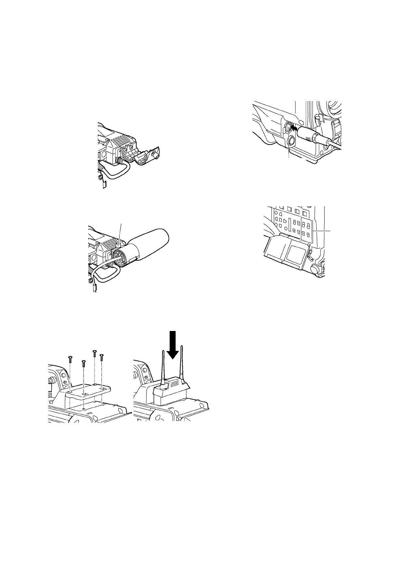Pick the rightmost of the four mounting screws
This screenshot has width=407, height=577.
(x=101, y=357)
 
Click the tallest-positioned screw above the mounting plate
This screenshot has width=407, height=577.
(x=94, y=353)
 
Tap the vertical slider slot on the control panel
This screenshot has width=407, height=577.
(x=290, y=225)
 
